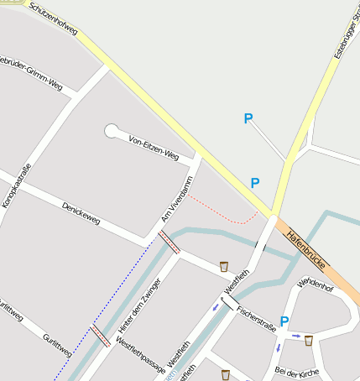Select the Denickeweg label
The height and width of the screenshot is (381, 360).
click(81, 213)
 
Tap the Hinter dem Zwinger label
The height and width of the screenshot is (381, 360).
click(139, 303)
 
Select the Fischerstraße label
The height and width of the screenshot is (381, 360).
click(256, 320)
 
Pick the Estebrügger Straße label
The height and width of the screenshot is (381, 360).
click(345, 34)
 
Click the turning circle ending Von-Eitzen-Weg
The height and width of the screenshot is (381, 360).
click(112, 130)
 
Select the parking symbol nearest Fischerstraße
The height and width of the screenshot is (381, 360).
click(284, 321)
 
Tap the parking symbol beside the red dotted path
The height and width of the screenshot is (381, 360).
click(255, 183)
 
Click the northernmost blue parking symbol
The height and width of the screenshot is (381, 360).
click(248, 119)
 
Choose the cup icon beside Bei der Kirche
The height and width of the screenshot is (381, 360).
click(309, 340)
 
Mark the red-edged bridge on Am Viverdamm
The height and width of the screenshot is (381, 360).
click(168, 242)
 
